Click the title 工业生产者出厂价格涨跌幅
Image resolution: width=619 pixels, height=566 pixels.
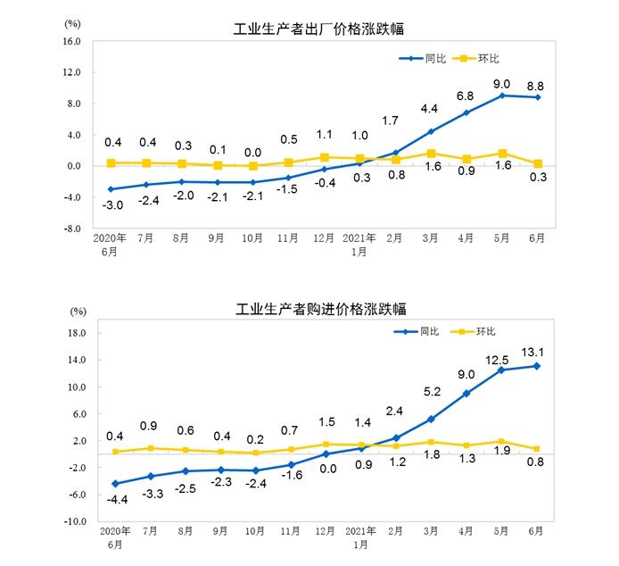(x=314, y=29)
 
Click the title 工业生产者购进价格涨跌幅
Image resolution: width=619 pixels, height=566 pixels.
(x=314, y=310)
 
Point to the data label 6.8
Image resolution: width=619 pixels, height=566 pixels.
(x=465, y=96)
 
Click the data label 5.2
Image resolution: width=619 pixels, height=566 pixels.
(x=430, y=391)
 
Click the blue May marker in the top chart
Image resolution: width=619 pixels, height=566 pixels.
(x=502, y=96)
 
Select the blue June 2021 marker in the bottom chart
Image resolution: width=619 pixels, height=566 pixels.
(x=538, y=366)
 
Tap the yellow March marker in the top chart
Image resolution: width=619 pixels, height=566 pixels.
(x=432, y=154)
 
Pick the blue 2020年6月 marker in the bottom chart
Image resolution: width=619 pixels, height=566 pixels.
(x=114, y=484)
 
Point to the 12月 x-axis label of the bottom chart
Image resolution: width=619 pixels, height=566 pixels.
(x=326, y=531)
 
